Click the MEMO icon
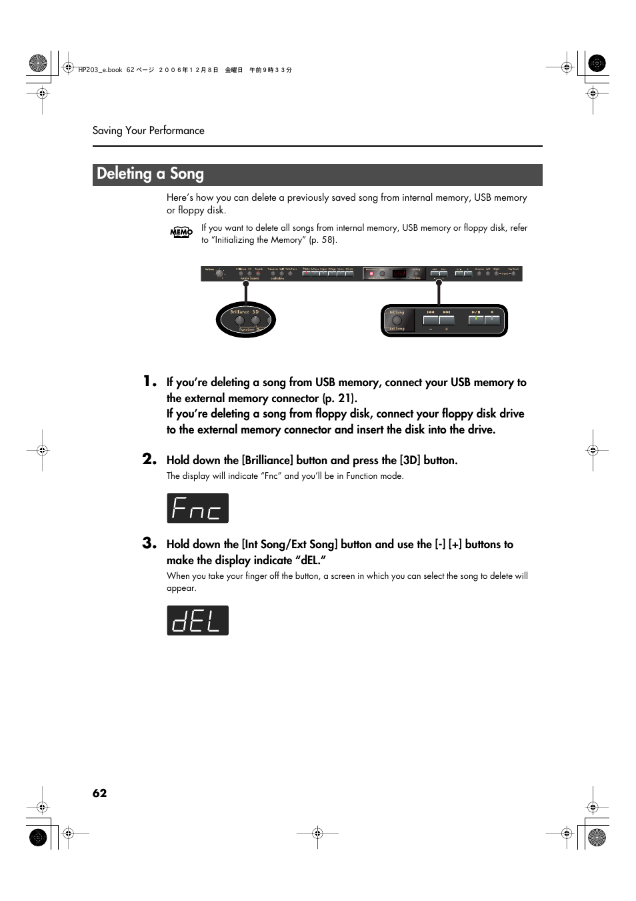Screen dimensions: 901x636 181,232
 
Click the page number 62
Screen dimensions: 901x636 99,793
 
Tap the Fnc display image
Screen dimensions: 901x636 197,508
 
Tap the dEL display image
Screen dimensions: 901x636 197,620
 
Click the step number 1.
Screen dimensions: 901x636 149,381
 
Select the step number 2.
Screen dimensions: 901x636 149,459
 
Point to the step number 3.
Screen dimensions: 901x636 149,544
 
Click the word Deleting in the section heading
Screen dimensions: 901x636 124,174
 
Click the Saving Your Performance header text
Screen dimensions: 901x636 148,131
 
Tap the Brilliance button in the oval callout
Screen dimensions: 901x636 240,321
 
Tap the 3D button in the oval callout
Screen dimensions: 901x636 255,321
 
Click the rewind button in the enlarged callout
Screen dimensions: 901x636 431,320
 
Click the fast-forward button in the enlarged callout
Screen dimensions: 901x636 447,320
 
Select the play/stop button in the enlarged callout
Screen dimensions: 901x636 476,320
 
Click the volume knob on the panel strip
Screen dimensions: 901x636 219,273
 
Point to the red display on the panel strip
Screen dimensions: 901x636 399,273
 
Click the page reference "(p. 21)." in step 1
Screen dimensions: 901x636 340,399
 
